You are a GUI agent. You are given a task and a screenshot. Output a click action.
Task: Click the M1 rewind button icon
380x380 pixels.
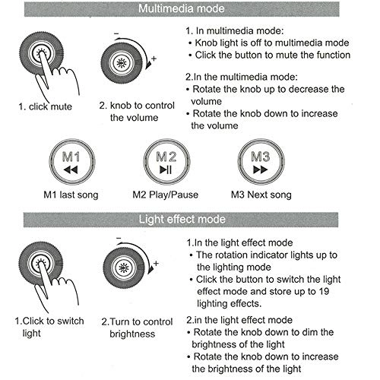point(72,162)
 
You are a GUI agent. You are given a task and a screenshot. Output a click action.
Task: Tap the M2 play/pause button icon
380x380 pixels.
point(166,162)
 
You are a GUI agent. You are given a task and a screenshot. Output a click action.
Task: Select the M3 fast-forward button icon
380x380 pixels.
point(261,162)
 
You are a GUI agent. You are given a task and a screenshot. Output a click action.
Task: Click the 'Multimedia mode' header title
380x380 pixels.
point(182,8)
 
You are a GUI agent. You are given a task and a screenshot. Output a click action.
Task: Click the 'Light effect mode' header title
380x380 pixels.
point(182,219)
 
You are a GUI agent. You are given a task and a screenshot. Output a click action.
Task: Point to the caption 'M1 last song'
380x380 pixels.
point(71,195)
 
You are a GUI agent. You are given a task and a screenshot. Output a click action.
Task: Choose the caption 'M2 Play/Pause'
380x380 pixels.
point(166,195)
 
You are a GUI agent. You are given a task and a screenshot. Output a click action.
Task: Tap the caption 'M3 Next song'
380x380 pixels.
point(261,195)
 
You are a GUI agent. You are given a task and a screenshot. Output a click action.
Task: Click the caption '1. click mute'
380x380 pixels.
point(45,106)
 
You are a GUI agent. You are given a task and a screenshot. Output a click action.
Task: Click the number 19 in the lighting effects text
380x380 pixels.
point(324,291)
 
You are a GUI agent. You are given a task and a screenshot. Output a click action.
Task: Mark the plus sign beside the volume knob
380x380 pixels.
point(154,59)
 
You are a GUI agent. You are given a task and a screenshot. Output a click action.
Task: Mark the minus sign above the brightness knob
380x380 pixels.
point(119,238)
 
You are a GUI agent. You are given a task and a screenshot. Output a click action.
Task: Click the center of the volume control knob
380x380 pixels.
point(121,62)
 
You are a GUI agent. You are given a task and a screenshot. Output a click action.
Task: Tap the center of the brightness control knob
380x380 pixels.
point(124,268)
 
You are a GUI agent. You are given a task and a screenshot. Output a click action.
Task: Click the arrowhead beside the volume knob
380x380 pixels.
point(148,65)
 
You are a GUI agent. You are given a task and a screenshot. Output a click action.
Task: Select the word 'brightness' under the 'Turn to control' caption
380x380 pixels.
point(132,334)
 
